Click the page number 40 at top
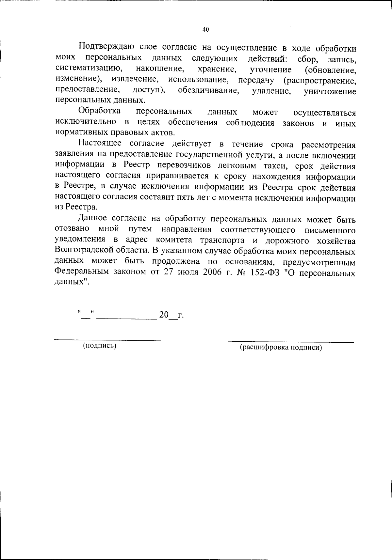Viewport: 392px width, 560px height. pos(205,30)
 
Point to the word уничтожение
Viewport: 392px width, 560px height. pos(330,91)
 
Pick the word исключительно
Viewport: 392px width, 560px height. pos(86,122)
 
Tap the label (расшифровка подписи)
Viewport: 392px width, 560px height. pos(281,348)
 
